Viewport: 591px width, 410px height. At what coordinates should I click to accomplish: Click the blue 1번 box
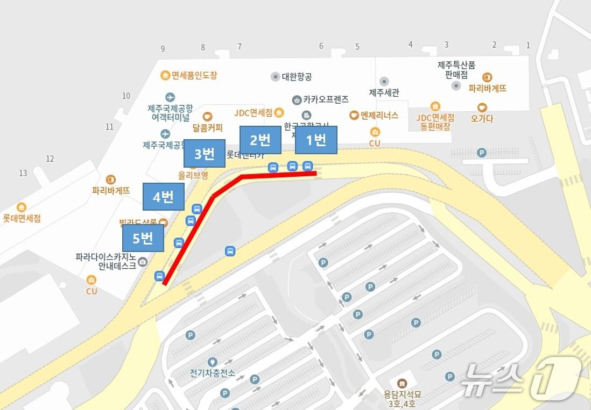[316, 140]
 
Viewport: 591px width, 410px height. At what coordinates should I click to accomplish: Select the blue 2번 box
[261, 140]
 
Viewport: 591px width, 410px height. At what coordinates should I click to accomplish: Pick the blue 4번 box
[163, 197]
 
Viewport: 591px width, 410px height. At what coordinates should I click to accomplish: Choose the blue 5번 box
[143, 238]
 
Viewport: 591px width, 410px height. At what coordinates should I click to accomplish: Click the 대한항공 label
[297, 77]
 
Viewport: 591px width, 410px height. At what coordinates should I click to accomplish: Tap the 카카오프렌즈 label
[326, 99]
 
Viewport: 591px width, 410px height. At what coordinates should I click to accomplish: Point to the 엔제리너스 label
[379, 114]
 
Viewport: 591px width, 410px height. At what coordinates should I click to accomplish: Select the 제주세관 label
[384, 92]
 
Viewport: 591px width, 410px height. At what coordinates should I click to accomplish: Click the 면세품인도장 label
[194, 76]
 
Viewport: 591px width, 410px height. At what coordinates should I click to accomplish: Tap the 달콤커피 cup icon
[207, 116]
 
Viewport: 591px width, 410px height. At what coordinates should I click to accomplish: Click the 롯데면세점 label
[22, 218]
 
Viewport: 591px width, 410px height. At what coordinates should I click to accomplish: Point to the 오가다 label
[482, 119]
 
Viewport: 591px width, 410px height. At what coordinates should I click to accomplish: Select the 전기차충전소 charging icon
[212, 362]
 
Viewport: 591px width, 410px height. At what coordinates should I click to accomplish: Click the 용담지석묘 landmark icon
[402, 384]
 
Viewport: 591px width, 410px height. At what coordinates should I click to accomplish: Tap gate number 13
[23, 173]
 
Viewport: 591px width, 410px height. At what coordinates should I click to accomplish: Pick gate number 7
[240, 47]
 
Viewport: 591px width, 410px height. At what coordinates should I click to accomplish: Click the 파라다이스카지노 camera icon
[143, 262]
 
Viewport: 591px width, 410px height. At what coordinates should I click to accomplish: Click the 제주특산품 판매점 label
[456, 69]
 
